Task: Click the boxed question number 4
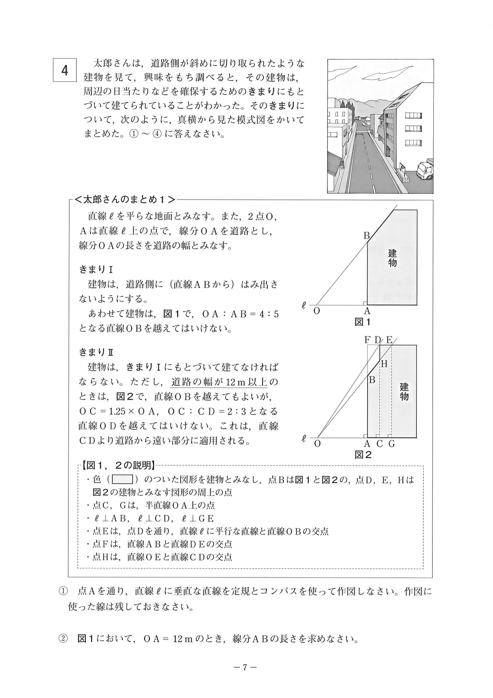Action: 64,70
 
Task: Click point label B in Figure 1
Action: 367,236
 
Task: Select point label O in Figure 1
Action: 317,311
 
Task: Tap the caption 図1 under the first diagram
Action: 363,322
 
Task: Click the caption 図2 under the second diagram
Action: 363,455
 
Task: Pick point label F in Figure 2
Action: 367,340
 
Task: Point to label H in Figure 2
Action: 384,364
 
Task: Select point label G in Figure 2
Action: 392,444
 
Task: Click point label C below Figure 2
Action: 379,444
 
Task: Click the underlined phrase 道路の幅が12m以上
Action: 219,382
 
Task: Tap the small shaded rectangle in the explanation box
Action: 123,480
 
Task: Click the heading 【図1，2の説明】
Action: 117,465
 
